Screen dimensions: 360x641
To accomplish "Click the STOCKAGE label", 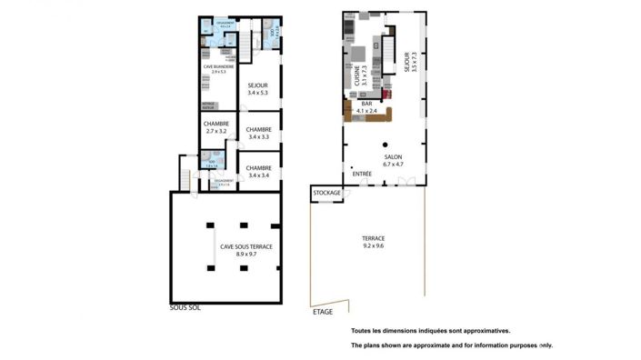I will point(326,193).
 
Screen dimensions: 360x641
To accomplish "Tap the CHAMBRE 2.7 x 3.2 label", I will point(215,127).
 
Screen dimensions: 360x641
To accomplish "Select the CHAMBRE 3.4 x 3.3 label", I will point(258,133).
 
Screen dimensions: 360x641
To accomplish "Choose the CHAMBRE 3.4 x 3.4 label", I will point(258,171).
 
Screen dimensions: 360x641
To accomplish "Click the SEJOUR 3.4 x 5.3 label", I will point(258,88).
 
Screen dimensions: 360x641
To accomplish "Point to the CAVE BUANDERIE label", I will point(217,68).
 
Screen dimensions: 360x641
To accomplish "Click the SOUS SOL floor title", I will point(185,307).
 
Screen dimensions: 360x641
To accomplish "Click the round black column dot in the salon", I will point(386,145).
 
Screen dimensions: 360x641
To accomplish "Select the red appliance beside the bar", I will point(387,94).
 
